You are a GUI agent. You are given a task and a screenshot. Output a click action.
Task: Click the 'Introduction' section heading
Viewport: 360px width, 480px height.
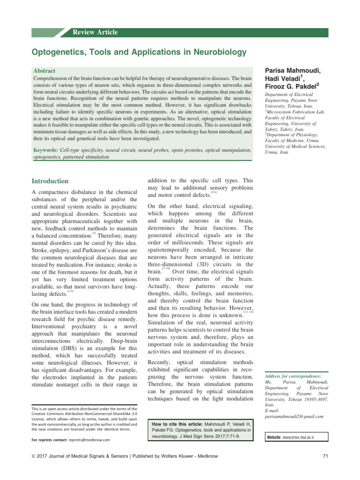(x=50, y=181)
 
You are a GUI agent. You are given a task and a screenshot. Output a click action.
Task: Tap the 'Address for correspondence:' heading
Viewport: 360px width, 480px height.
(x=293, y=376)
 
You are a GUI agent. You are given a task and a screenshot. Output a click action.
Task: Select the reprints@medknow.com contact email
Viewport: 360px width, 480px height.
(x=89, y=440)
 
